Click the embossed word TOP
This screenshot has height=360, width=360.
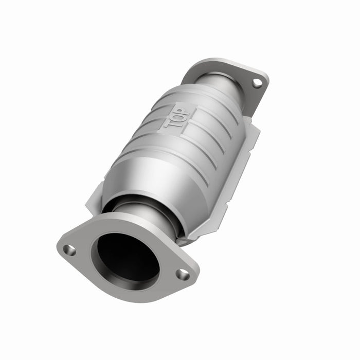176,118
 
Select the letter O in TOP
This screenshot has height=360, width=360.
176,118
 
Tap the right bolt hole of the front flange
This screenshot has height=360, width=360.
183,274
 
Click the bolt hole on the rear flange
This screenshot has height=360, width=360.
256,82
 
